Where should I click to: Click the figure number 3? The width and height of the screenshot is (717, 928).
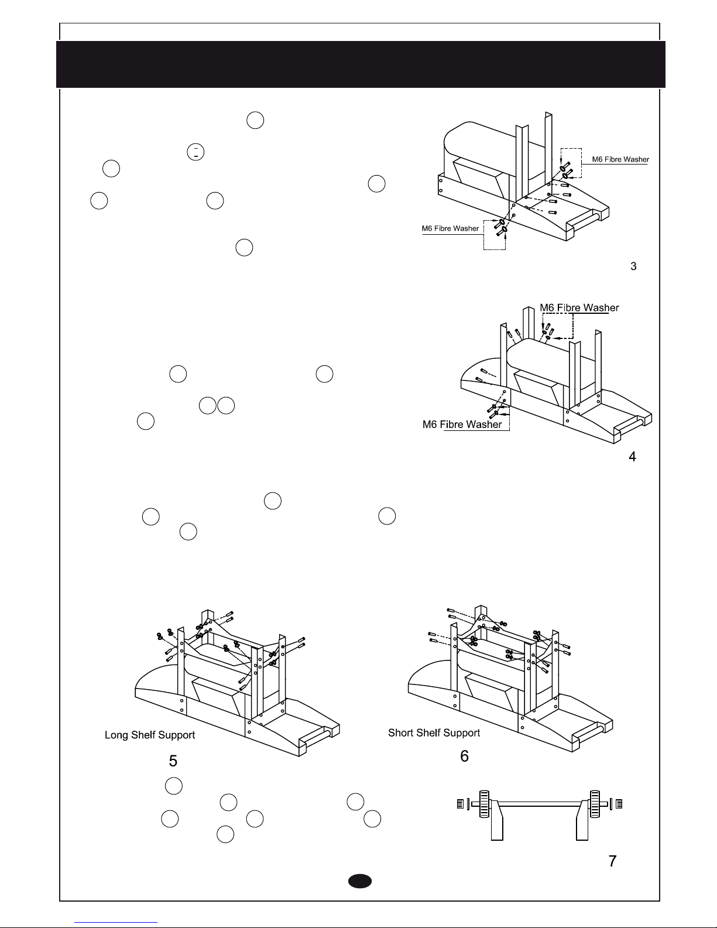click(x=633, y=266)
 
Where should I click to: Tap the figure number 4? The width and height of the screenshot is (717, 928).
click(x=633, y=457)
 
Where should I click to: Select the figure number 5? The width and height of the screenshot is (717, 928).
click(x=173, y=761)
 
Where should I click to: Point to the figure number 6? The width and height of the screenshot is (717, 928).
click(x=464, y=756)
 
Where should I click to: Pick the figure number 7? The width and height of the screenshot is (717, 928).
click(x=612, y=861)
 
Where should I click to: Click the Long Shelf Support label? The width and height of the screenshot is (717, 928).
click(x=150, y=735)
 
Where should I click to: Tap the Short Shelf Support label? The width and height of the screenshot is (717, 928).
click(x=434, y=733)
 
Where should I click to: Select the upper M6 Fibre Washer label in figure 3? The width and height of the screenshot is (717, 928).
click(x=620, y=159)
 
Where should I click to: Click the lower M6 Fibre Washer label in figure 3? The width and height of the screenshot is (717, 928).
click(x=450, y=228)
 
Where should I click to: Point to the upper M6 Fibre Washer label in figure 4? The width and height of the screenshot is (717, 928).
click(x=579, y=307)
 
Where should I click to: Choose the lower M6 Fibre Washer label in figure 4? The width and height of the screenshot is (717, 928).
click(x=462, y=424)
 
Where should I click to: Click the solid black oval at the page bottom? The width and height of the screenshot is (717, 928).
click(x=360, y=881)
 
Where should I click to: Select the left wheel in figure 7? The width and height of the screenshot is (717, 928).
click(x=484, y=804)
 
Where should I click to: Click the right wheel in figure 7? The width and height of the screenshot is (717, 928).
click(x=595, y=804)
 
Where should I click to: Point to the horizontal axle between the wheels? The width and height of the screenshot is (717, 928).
click(x=540, y=804)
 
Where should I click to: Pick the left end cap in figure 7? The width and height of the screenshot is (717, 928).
click(x=460, y=804)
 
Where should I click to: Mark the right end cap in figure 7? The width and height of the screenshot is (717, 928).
click(x=619, y=804)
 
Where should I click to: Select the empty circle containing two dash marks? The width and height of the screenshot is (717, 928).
click(x=195, y=152)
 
